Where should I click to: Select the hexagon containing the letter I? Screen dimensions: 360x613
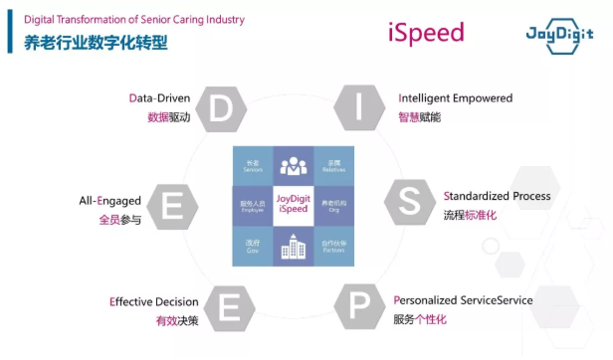[x=359, y=107]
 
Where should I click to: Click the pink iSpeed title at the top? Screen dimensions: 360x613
[x=426, y=33]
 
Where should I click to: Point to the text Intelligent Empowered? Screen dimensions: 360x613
[x=456, y=98]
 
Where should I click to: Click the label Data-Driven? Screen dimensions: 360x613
[x=160, y=98]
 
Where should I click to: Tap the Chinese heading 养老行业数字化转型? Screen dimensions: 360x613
[x=97, y=44]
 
